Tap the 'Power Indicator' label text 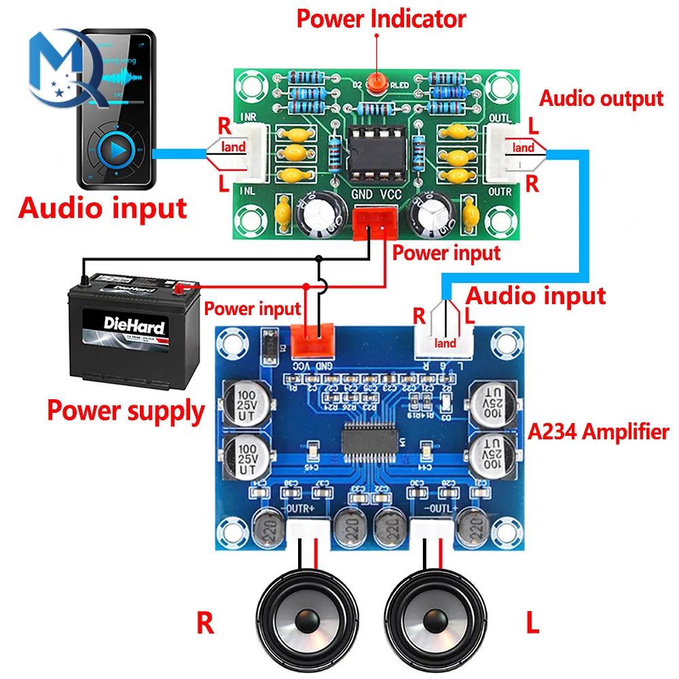click(x=381, y=19)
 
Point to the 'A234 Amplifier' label click(x=598, y=431)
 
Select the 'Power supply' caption click(x=126, y=411)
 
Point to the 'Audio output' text click(x=601, y=98)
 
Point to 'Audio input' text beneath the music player click(x=103, y=207)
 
